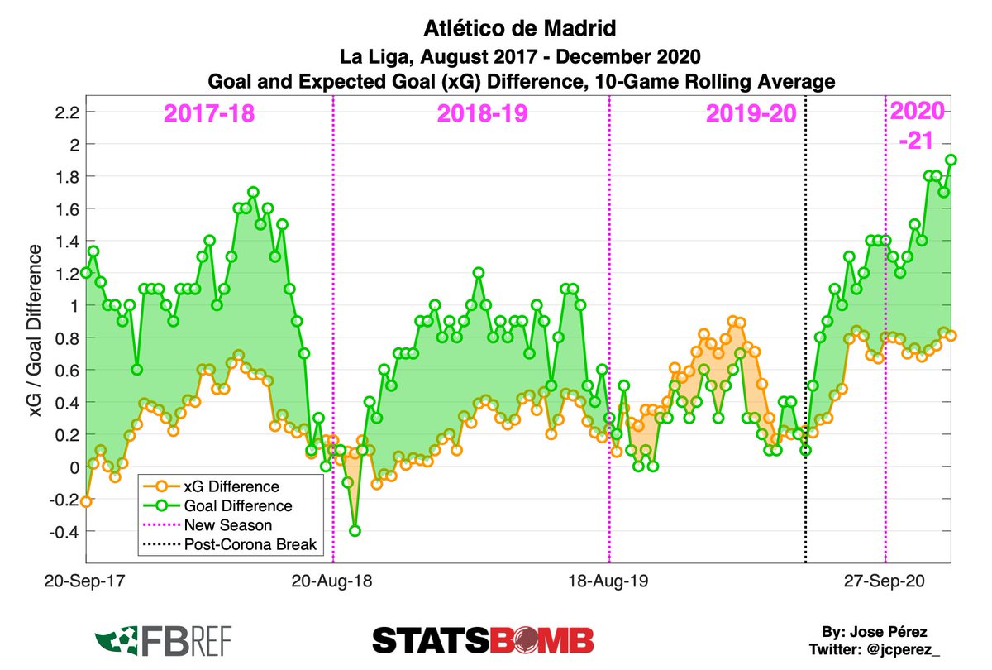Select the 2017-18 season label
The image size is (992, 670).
pos(208,113)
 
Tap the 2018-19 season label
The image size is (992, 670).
pos(481,113)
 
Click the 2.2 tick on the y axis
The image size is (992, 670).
pos(68,112)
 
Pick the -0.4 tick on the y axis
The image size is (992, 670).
pos(64,532)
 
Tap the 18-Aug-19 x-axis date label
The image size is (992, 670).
pos(608,581)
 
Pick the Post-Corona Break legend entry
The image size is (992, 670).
pos(244,545)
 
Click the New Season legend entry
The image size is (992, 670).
pos(227,525)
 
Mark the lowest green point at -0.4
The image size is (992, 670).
pos(355,531)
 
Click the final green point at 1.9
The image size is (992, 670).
pos(951,160)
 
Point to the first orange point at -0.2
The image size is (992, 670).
pos(86,501)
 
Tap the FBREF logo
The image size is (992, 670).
pos(163,639)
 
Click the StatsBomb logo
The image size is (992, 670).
pos(483,639)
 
